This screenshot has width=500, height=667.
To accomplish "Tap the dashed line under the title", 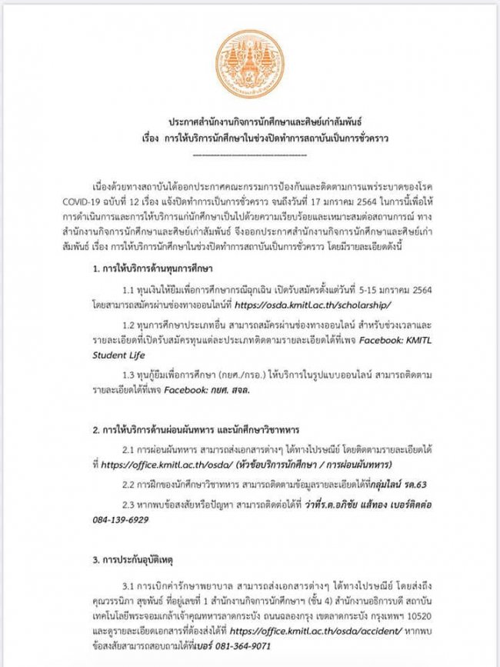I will [249, 156].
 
